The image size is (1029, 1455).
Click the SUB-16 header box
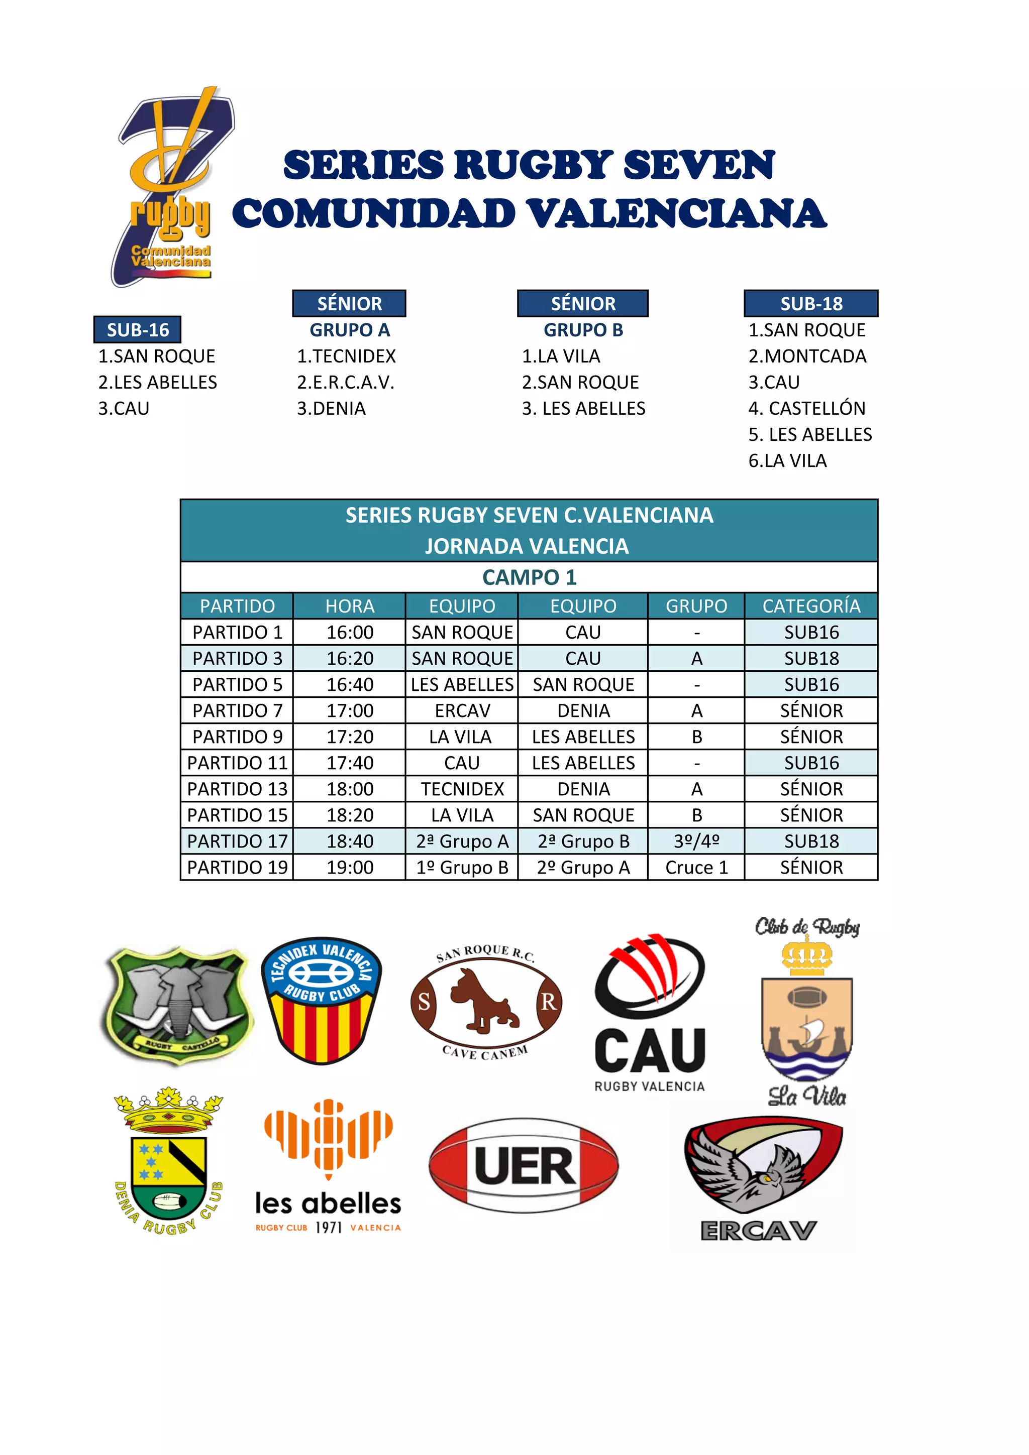coord(138,329)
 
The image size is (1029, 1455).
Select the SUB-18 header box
coord(811,304)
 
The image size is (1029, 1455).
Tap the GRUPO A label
coord(349,330)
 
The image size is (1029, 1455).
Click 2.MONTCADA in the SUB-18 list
coord(807,356)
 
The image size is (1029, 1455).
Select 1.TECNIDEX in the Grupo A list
coord(346,356)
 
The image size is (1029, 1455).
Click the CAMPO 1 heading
coord(529,577)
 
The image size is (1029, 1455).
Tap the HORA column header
coord(349,607)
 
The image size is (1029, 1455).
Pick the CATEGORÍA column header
coord(811,607)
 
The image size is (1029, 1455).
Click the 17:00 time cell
coord(349,710)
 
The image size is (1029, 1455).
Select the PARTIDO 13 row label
coord(237,789)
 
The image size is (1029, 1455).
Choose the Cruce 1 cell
coord(696,868)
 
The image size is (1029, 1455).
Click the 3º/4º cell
coord(696,841)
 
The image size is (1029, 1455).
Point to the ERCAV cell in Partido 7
coord(462,710)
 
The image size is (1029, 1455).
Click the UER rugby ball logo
coord(524,1166)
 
